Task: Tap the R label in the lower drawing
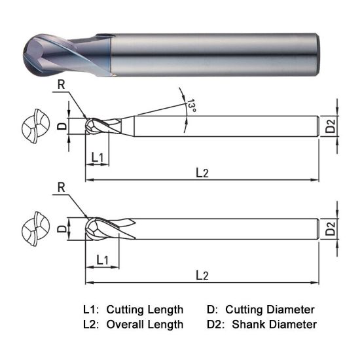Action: pos(61,187)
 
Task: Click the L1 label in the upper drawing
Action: pos(98,157)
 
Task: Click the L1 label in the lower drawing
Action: pos(101,260)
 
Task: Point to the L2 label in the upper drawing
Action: pos(202,172)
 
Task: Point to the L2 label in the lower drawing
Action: pos(202,276)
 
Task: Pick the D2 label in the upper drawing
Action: pos(331,126)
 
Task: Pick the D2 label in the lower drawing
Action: pos(331,229)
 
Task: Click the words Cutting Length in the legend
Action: pos(145,309)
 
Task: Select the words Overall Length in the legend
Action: pos(145,324)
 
